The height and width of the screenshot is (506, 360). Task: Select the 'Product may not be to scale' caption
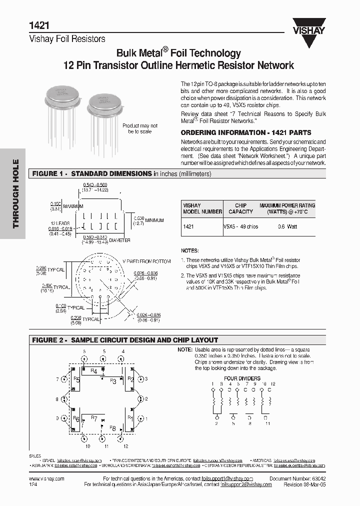click(x=139, y=128)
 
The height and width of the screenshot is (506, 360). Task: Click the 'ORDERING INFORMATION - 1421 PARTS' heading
click(x=245, y=133)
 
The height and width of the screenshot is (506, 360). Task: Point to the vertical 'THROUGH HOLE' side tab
click(x=15, y=193)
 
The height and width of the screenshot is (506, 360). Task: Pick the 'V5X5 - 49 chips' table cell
click(x=241, y=226)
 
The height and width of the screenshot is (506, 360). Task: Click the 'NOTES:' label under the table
click(x=189, y=250)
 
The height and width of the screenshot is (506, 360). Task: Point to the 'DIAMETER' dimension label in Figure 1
click(x=118, y=240)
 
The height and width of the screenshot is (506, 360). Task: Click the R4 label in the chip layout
click(x=93, y=371)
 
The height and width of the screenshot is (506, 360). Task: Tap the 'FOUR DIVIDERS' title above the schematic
click(x=241, y=378)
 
